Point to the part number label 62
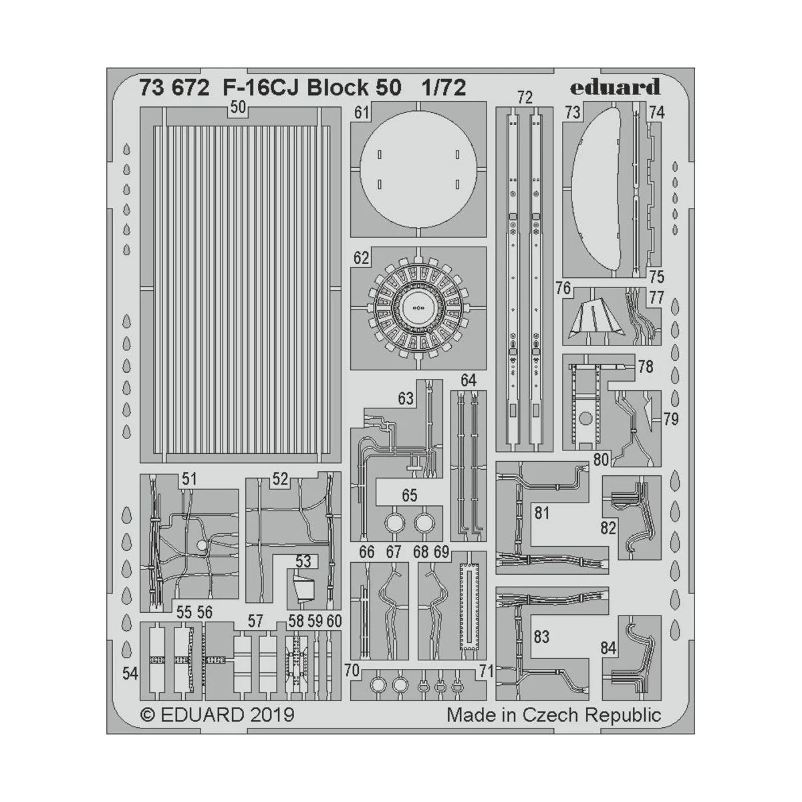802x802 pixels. click(x=362, y=258)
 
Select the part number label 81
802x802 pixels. click(x=541, y=513)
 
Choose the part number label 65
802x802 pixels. click(x=409, y=495)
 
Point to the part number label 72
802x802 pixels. click(x=525, y=98)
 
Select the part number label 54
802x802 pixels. click(x=130, y=674)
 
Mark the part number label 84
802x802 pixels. click(x=608, y=648)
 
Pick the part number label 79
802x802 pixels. click(x=671, y=419)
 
